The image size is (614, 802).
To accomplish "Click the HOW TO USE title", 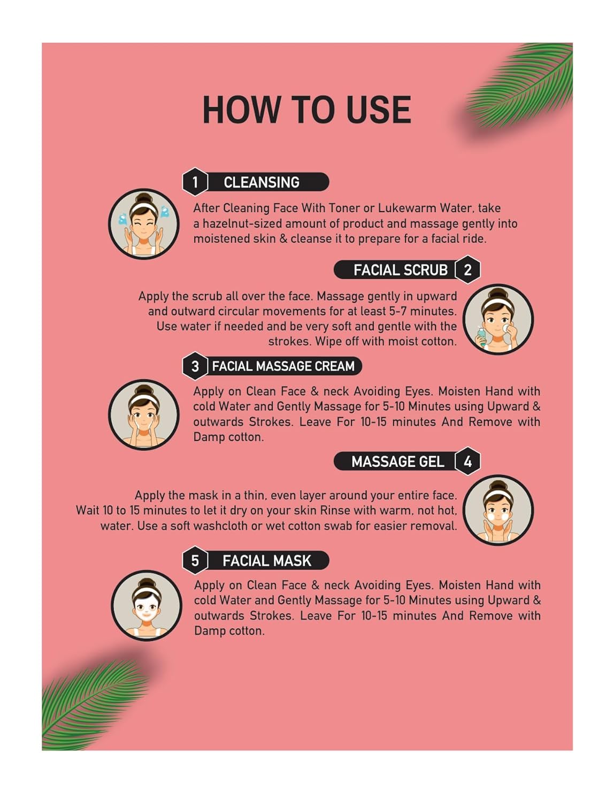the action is click(307, 110).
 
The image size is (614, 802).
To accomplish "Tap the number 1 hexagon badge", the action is click(195, 182).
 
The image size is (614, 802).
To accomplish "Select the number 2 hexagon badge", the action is click(467, 270).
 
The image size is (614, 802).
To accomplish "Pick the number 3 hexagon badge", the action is click(195, 366).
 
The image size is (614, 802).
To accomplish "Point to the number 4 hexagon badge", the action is click(467, 461).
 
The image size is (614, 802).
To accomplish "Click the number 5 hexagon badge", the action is click(195, 560).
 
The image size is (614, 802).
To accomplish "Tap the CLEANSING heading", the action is click(262, 182).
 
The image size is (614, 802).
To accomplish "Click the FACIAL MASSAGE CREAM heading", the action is click(283, 366).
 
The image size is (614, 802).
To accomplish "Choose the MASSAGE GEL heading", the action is click(398, 462).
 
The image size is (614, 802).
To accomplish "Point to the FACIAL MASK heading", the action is click(267, 561).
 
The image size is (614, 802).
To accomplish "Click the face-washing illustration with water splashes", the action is click(144, 224).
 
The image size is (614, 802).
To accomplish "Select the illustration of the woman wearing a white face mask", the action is click(147, 605).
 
